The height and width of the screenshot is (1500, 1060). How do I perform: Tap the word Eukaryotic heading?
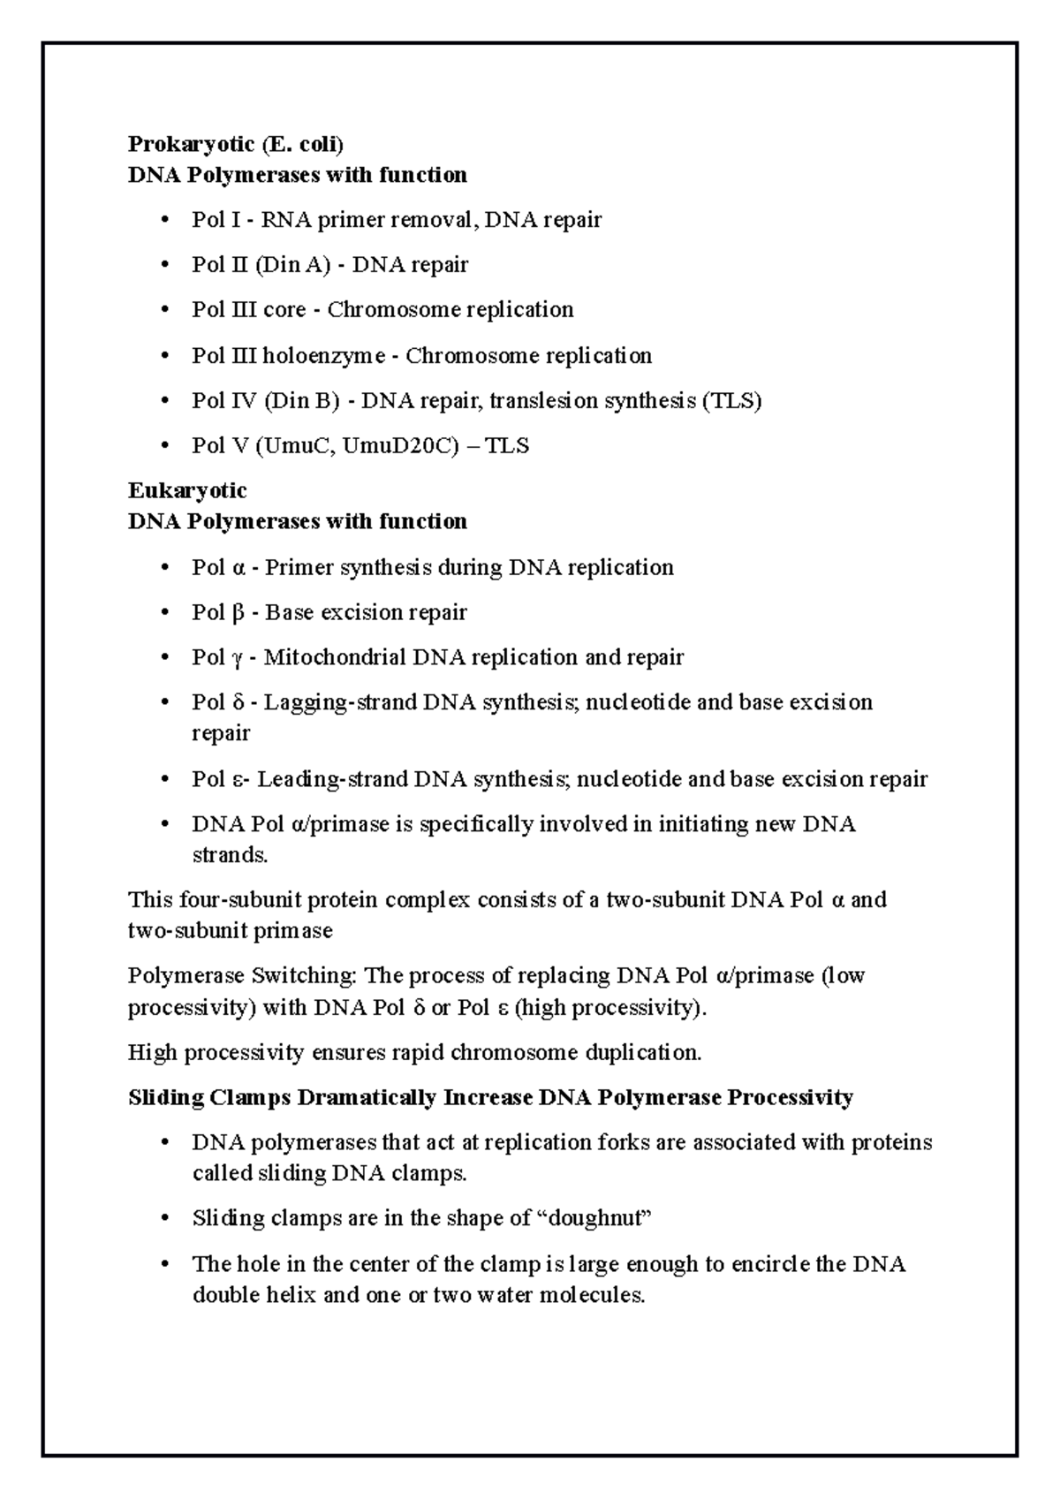coord(187,490)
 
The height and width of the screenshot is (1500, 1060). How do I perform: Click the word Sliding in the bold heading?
coord(164,1098)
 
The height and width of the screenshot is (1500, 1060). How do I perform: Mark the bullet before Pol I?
coord(164,220)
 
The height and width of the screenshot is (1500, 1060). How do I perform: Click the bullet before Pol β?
coord(164,612)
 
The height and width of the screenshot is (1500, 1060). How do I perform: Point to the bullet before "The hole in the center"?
coord(164,1264)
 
